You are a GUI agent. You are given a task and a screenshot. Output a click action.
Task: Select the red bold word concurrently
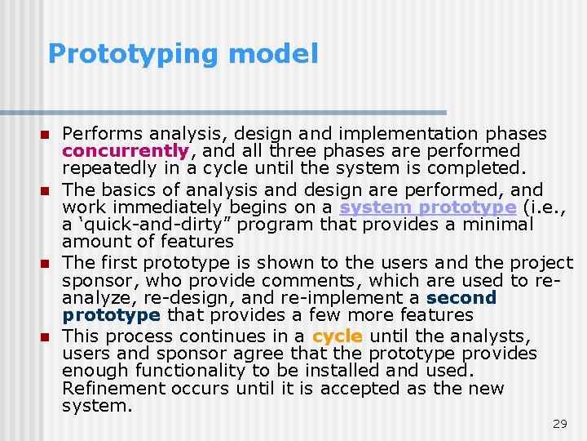click(x=126, y=151)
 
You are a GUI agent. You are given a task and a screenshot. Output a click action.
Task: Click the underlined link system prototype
click(x=428, y=207)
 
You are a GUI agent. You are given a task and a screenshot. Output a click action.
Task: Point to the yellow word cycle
click(x=337, y=336)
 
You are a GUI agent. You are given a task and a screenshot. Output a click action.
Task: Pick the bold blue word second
click(x=461, y=297)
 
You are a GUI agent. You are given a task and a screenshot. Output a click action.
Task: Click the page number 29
click(x=560, y=424)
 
